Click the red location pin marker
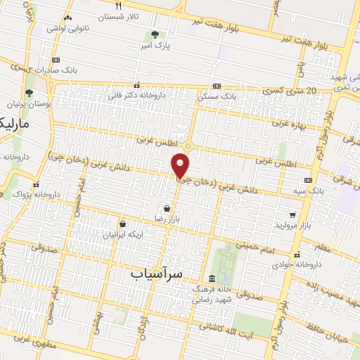coord(181,167)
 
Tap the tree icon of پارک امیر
coord(155,34)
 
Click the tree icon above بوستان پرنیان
coord(29,93)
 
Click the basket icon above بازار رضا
coord(166,209)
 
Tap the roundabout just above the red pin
coord(188,146)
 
